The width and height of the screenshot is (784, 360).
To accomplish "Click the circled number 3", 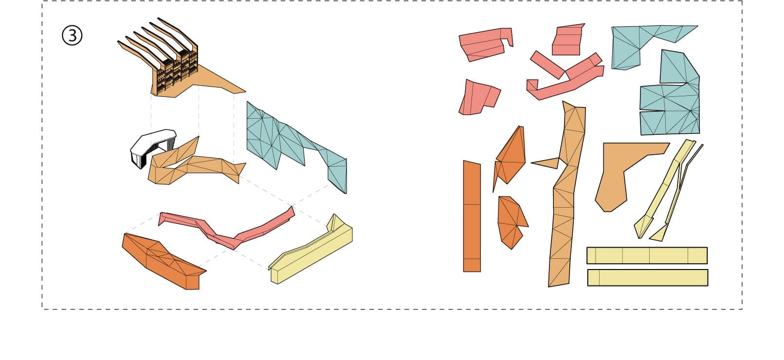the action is [x=72, y=36].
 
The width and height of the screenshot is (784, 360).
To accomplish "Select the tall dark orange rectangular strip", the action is [x=472, y=216].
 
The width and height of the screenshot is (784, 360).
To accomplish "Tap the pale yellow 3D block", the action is [x=311, y=250].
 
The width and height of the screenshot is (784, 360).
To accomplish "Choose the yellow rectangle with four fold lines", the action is [x=647, y=255].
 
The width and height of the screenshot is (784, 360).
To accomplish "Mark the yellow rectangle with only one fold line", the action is [x=648, y=278].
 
